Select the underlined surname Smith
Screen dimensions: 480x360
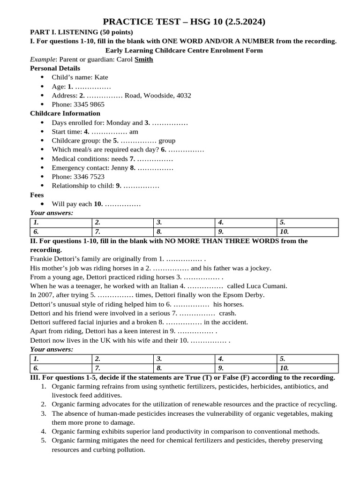coord(143,60)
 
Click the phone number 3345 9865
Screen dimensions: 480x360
coord(89,105)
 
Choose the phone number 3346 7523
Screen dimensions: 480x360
coord(89,177)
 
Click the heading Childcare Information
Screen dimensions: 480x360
coord(65,113)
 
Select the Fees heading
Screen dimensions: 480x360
coord(37,195)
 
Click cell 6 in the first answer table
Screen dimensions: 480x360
coord(61,232)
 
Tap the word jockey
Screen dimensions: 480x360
coord(260,268)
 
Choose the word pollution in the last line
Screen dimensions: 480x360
coord(130,450)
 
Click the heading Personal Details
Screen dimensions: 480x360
coord(55,68)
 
